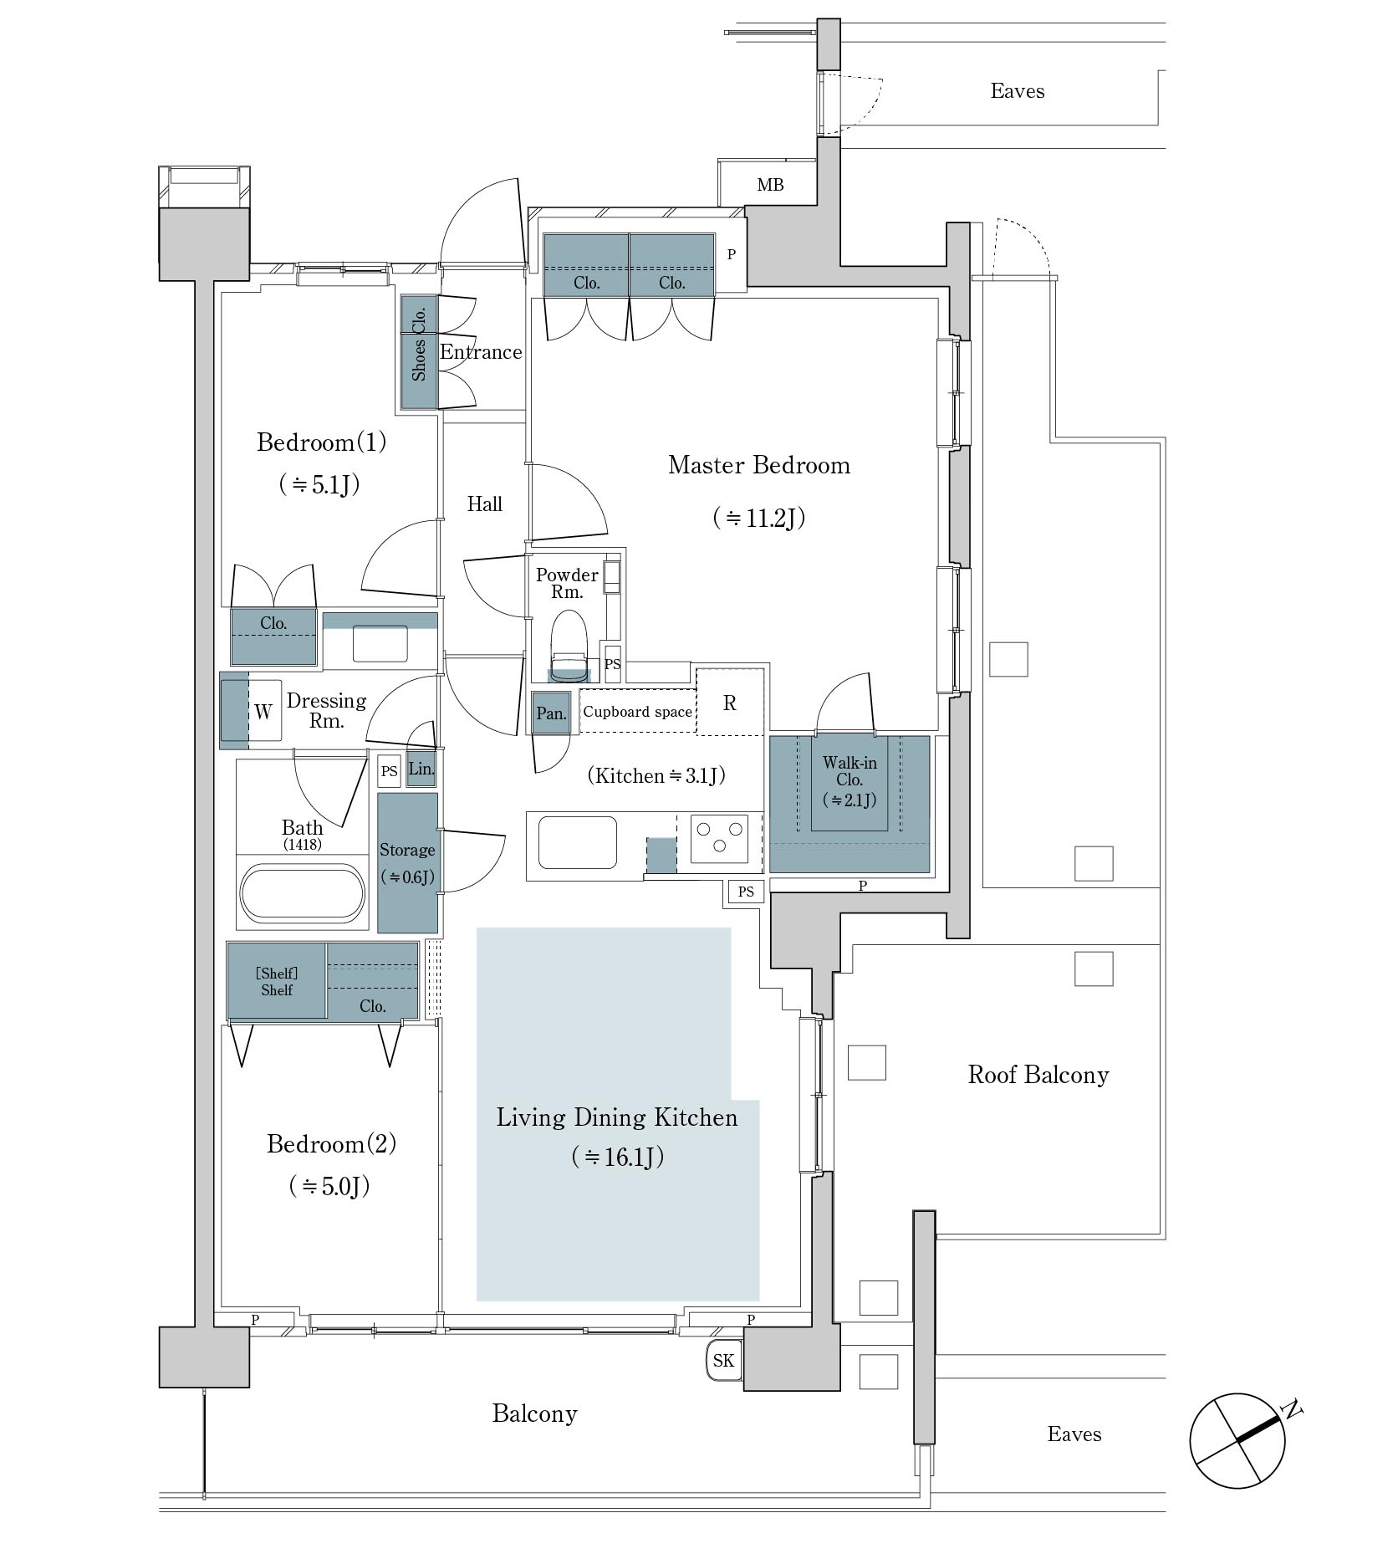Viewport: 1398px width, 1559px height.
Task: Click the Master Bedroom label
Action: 759,465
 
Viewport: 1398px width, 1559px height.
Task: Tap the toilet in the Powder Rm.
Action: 569,642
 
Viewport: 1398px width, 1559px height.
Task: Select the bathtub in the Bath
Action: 303,892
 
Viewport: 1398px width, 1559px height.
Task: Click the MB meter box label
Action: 770,185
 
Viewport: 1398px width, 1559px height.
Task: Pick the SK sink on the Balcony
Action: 724,1360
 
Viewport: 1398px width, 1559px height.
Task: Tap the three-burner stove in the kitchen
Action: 719,839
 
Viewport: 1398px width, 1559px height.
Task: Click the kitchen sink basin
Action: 578,843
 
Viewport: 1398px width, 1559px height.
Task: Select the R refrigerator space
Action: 730,703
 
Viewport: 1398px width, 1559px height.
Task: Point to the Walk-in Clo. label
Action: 850,771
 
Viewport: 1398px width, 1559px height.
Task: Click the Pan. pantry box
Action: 551,713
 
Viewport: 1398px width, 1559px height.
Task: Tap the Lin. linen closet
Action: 421,769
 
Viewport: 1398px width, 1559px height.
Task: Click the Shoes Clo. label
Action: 420,343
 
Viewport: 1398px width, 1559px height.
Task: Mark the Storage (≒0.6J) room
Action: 407,862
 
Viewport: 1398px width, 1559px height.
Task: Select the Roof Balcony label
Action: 1038,1075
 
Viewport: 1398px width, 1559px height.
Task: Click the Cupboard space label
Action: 638,712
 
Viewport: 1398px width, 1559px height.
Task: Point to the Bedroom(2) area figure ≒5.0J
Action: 329,1186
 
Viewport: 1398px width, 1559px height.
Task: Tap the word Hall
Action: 485,503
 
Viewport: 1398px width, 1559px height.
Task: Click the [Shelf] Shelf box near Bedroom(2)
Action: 277,981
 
